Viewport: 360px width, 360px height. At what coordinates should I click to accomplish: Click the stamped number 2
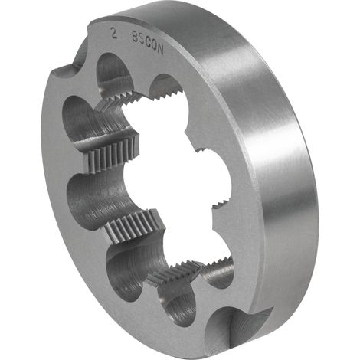pos(114,34)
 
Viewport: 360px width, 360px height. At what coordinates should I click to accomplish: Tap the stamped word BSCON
pos(148,42)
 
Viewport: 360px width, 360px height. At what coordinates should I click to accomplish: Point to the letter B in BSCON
pos(135,37)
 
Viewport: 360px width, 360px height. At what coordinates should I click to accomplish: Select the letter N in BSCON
pos(160,49)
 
